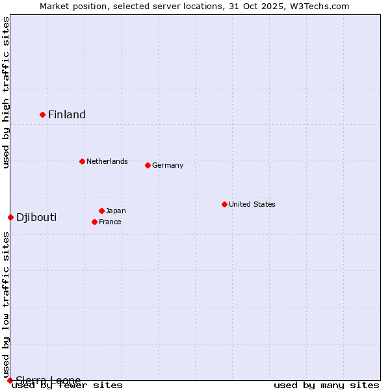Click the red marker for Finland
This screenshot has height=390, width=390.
tap(43, 114)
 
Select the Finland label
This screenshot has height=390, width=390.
tap(67, 115)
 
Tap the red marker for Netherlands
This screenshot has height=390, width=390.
tap(82, 161)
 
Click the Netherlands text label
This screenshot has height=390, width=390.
tap(107, 161)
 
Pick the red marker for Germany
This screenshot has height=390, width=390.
tap(148, 165)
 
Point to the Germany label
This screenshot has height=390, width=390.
tap(168, 165)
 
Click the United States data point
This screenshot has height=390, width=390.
tap(224, 204)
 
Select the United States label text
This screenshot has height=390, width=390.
tap(252, 204)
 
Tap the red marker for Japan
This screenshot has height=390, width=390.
tap(101, 211)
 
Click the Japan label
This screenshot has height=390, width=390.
tap(116, 211)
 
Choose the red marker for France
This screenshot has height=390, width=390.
tap(94, 222)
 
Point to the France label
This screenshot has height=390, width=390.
tap(110, 222)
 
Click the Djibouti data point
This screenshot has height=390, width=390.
tap(10, 217)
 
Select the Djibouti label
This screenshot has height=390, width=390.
tap(36, 217)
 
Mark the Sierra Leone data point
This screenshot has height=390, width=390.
tap(10, 380)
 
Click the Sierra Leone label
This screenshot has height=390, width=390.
tap(49, 380)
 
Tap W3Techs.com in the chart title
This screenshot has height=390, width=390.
tap(320, 6)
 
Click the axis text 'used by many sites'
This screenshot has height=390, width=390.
tap(326, 385)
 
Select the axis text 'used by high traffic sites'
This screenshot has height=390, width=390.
tap(6, 92)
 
